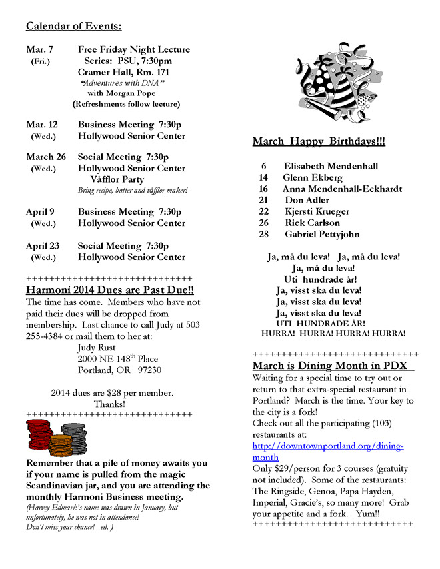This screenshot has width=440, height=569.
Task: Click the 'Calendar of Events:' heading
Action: coord(73,27)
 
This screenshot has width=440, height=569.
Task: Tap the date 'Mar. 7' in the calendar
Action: coord(40,49)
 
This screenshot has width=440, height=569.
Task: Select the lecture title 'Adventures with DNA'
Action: coord(122,83)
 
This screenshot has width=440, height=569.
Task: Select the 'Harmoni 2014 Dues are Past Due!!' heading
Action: coord(110,290)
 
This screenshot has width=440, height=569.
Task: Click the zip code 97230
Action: coord(149,370)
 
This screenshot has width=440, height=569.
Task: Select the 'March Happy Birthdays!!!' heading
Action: coord(318,142)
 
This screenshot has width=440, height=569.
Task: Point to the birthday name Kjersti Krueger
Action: coord(317,211)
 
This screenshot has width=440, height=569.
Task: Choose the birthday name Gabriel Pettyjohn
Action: coord(322,234)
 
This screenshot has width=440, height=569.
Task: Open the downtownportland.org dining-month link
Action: coord(328,451)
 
